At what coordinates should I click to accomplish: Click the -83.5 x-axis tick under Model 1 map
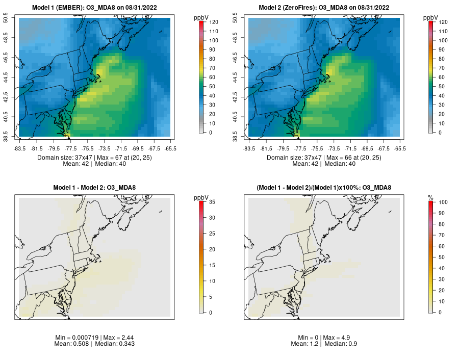pos(20,148)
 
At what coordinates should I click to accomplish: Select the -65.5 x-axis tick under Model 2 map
pos(400,148)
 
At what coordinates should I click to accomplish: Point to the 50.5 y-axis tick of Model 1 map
pos(12,18)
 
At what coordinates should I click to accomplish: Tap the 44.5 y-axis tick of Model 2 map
pos(242,77)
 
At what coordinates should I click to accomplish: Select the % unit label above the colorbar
pos(430,197)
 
